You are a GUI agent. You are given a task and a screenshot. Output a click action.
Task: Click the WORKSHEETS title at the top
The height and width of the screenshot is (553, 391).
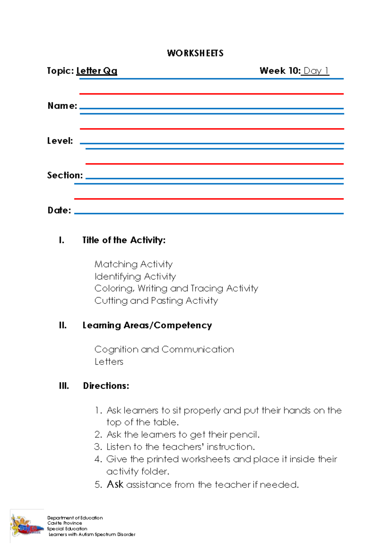tap(195, 53)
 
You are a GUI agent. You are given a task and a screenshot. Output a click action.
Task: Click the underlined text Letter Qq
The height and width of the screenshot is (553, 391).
tap(96, 71)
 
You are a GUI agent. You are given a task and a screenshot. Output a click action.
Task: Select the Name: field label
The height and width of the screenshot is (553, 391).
tap(62, 106)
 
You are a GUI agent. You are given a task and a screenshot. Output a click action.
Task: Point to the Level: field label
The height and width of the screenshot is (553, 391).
tap(60, 141)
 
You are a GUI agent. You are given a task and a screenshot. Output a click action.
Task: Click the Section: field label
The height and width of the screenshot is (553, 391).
tap(65, 175)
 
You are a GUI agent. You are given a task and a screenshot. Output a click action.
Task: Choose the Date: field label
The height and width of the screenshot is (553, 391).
tap(59, 210)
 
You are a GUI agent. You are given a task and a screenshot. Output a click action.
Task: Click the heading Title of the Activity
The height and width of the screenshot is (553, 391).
tap(124, 240)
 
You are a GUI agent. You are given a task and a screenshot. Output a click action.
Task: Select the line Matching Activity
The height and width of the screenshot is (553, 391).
tap(133, 264)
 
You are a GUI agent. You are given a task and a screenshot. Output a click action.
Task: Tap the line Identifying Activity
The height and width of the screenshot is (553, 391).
tap(135, 276)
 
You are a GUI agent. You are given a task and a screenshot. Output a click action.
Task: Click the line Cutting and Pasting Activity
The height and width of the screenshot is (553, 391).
tap(156, 301)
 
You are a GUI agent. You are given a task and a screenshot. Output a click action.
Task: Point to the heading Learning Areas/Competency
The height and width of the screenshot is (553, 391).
tap(147, 325)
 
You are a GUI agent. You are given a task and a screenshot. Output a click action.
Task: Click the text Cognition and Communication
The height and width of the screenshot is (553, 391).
tap(164, 350)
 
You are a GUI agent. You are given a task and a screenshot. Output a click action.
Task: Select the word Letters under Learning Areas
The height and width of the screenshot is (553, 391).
tap(109, 362)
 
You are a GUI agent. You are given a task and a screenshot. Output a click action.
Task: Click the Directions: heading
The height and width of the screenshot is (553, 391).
tap(106, 386)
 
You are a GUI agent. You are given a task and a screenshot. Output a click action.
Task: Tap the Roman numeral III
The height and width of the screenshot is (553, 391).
tap(64, 386)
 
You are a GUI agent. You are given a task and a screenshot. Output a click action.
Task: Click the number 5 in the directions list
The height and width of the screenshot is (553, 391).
tap(98, 485)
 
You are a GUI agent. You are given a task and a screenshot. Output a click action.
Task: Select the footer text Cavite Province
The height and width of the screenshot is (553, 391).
tap(65, 523)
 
